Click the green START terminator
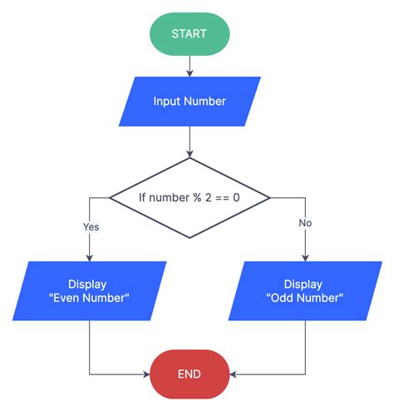click(190, 34)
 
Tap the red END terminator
click(189, 374)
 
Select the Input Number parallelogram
click(190, 102)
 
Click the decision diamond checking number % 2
click(190, 198)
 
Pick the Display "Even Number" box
click(89, 291)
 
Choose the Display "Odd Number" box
click(305, 291)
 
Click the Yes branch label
click(91, 225)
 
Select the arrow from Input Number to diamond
click(190, 141)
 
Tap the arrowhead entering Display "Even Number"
click(90, 256)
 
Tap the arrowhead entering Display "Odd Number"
click(305, 256)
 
